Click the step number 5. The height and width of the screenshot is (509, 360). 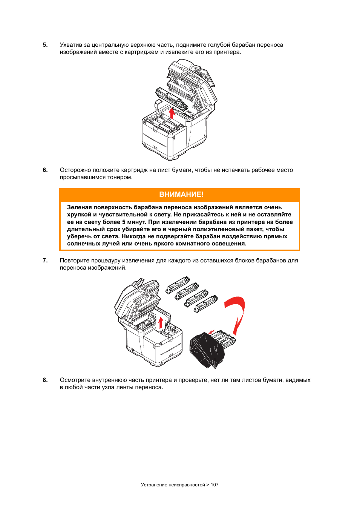[x=45, y=45]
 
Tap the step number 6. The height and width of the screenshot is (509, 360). [x=45, y=170]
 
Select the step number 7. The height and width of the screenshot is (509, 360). [x=45, y=261]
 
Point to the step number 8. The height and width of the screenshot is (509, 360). [x=45, y=380]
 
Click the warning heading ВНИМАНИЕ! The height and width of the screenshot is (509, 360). [x=181, y=195]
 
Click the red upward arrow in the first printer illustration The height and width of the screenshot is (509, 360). [x=172, y=113]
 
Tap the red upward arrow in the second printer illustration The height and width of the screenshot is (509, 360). [x=161, y=323]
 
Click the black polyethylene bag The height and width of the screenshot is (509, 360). [x=207, y=350]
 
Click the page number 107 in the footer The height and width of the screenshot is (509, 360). [x=214, y=485]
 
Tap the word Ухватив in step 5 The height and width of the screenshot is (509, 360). [x=70, y=45]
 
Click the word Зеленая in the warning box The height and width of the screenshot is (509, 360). [x=79, y=207]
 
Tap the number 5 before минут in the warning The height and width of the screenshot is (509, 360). [x=123, y=222]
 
